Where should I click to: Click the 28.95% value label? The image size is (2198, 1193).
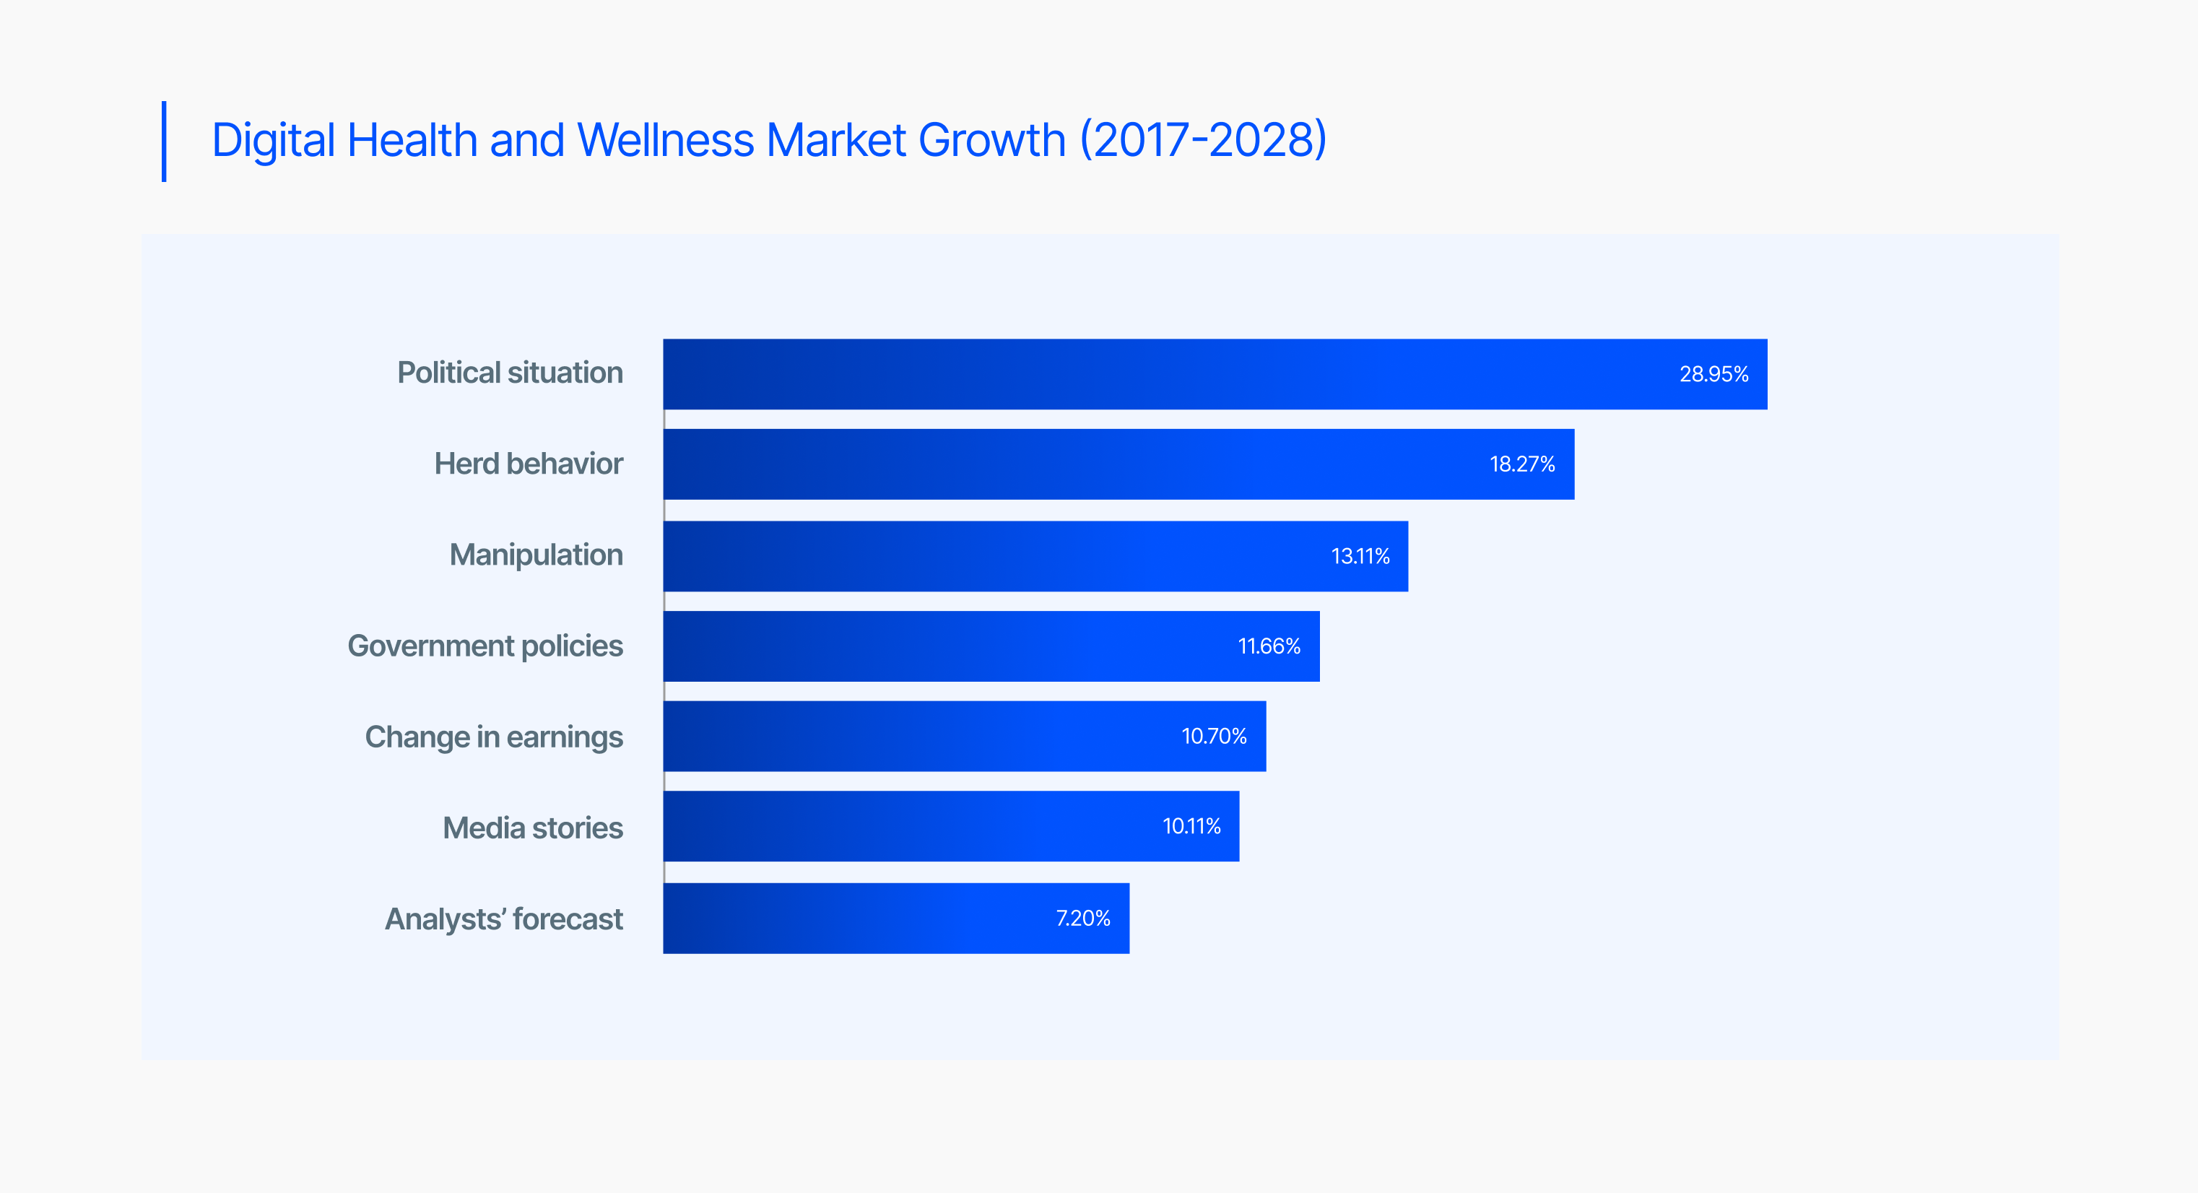1713,374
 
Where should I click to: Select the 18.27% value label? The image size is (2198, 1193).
1522,464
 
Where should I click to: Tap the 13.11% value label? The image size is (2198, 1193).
1360,556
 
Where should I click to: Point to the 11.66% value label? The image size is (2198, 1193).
1269,646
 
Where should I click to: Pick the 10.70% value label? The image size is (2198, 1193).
1213,736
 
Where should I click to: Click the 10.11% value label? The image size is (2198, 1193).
1191,826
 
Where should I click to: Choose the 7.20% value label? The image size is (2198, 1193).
1083,918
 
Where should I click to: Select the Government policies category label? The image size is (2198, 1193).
485,646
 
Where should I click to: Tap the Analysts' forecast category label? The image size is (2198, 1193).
503,919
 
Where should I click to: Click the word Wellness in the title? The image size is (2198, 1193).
666,140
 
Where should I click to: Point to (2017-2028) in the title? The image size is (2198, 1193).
1203,140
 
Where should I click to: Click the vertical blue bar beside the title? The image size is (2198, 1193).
164,141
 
